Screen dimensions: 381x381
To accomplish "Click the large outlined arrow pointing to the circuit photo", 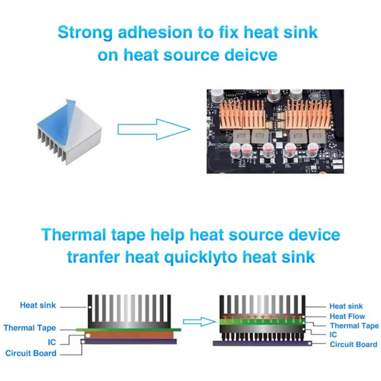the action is click(153, 129).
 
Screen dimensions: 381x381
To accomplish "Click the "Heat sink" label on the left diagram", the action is click(38, 305).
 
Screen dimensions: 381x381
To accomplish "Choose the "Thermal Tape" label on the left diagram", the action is click(30, 328).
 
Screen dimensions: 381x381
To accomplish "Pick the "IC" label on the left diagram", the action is click(52, 342).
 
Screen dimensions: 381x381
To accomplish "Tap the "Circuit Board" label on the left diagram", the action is click(31, 353).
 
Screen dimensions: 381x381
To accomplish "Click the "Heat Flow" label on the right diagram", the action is click(347, 316).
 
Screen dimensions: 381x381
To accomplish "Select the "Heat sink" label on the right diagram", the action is click(346, 306).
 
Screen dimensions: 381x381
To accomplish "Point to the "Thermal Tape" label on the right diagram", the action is click(354, 326).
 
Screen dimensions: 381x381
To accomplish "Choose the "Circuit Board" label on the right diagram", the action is click(353, 344).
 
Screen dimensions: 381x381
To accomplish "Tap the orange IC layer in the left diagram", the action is click(131, 335).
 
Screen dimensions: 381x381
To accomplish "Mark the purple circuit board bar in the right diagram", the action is click(262, 342).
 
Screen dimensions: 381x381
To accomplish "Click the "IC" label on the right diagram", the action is click(334, 335).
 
